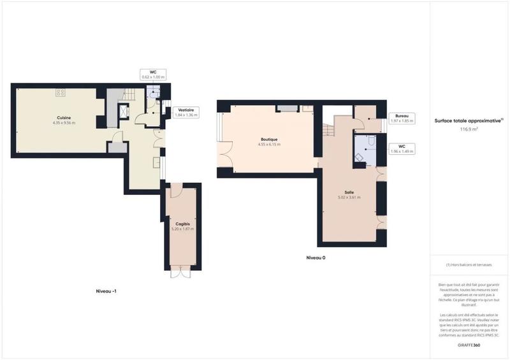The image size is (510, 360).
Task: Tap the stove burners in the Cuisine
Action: click(x=61, y=93)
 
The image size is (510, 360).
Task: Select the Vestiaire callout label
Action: click(x=186, y=113)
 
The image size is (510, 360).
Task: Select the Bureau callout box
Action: click(x=402, y=118)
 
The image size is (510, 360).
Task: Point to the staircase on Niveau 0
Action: click(x=330, y=131)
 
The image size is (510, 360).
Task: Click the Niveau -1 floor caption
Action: click(x=106, y=291)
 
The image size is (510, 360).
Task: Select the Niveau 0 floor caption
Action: click(x=316, y=257)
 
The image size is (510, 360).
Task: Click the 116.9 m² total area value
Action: click(x=469, y=129)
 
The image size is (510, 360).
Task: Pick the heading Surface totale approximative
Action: click(x=469, y=120)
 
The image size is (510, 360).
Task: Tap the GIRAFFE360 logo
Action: click(x=469, y=344)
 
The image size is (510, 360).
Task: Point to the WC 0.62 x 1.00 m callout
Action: click(x=153, y=74)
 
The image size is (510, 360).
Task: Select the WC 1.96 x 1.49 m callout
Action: click(x=402, y=150)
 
